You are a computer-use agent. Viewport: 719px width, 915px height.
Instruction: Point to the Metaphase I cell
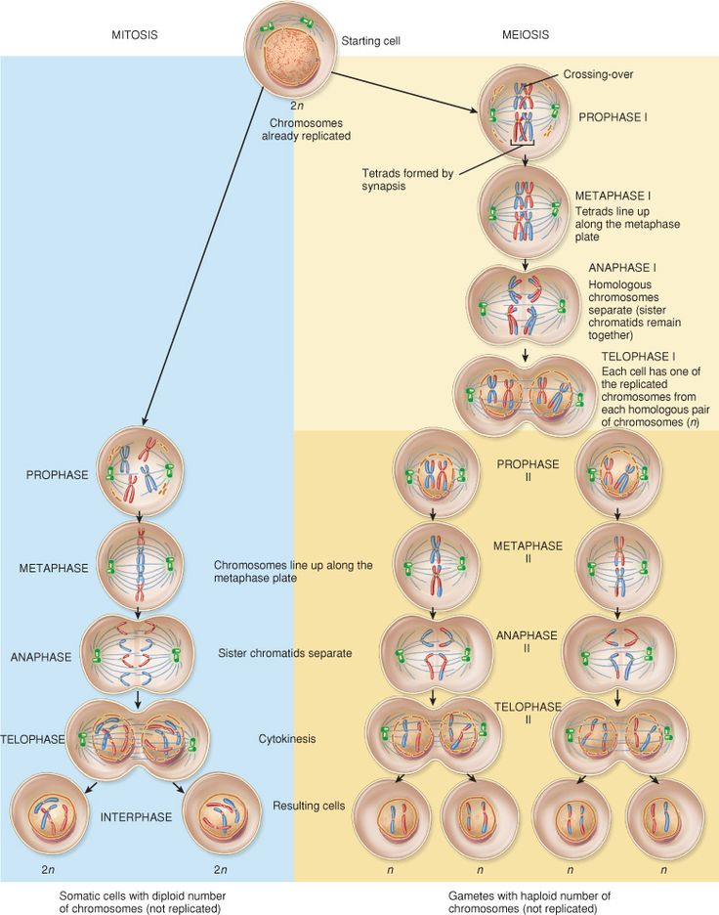(x=525, y=207)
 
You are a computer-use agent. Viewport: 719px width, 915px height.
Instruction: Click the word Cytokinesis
(x=287, y=739)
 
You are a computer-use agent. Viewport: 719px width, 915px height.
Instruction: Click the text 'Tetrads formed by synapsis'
(x=407, y=180)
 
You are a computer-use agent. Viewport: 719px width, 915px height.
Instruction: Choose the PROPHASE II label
(x=528, y=470)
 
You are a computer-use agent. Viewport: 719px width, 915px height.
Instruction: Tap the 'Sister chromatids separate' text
(x=285, y=651)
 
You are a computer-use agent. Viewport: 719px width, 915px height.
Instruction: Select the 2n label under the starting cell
(x=296, y=105)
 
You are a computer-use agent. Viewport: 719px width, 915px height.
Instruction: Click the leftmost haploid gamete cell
(x=392, y=814)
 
